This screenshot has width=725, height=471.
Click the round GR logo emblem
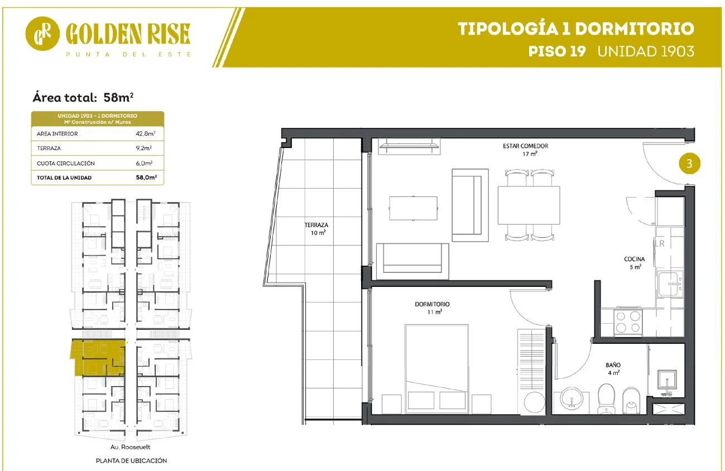(42, 33)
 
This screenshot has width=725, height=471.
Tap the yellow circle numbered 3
(689, 164)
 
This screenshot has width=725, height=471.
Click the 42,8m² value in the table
(146, 133)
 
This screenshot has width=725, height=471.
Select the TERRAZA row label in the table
(49, 148)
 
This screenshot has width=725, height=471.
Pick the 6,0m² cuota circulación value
(145, 163)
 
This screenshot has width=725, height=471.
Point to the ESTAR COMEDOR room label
(526, 146)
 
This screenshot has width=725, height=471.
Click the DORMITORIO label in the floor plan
(432, 304)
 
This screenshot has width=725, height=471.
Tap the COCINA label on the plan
(635, 259)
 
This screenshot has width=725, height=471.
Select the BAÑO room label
(613, 365)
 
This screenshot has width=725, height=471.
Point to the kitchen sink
(670, 284)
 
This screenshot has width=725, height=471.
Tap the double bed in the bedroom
(436, 369)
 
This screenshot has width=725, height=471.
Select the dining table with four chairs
(529, 205)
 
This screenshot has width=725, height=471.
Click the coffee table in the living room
(414, 208)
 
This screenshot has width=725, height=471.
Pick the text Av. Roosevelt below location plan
(131, 447)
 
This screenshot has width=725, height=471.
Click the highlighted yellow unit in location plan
(98, 357)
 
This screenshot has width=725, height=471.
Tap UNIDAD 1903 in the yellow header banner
(646, 51)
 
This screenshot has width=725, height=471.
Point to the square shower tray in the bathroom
(667, 379)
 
